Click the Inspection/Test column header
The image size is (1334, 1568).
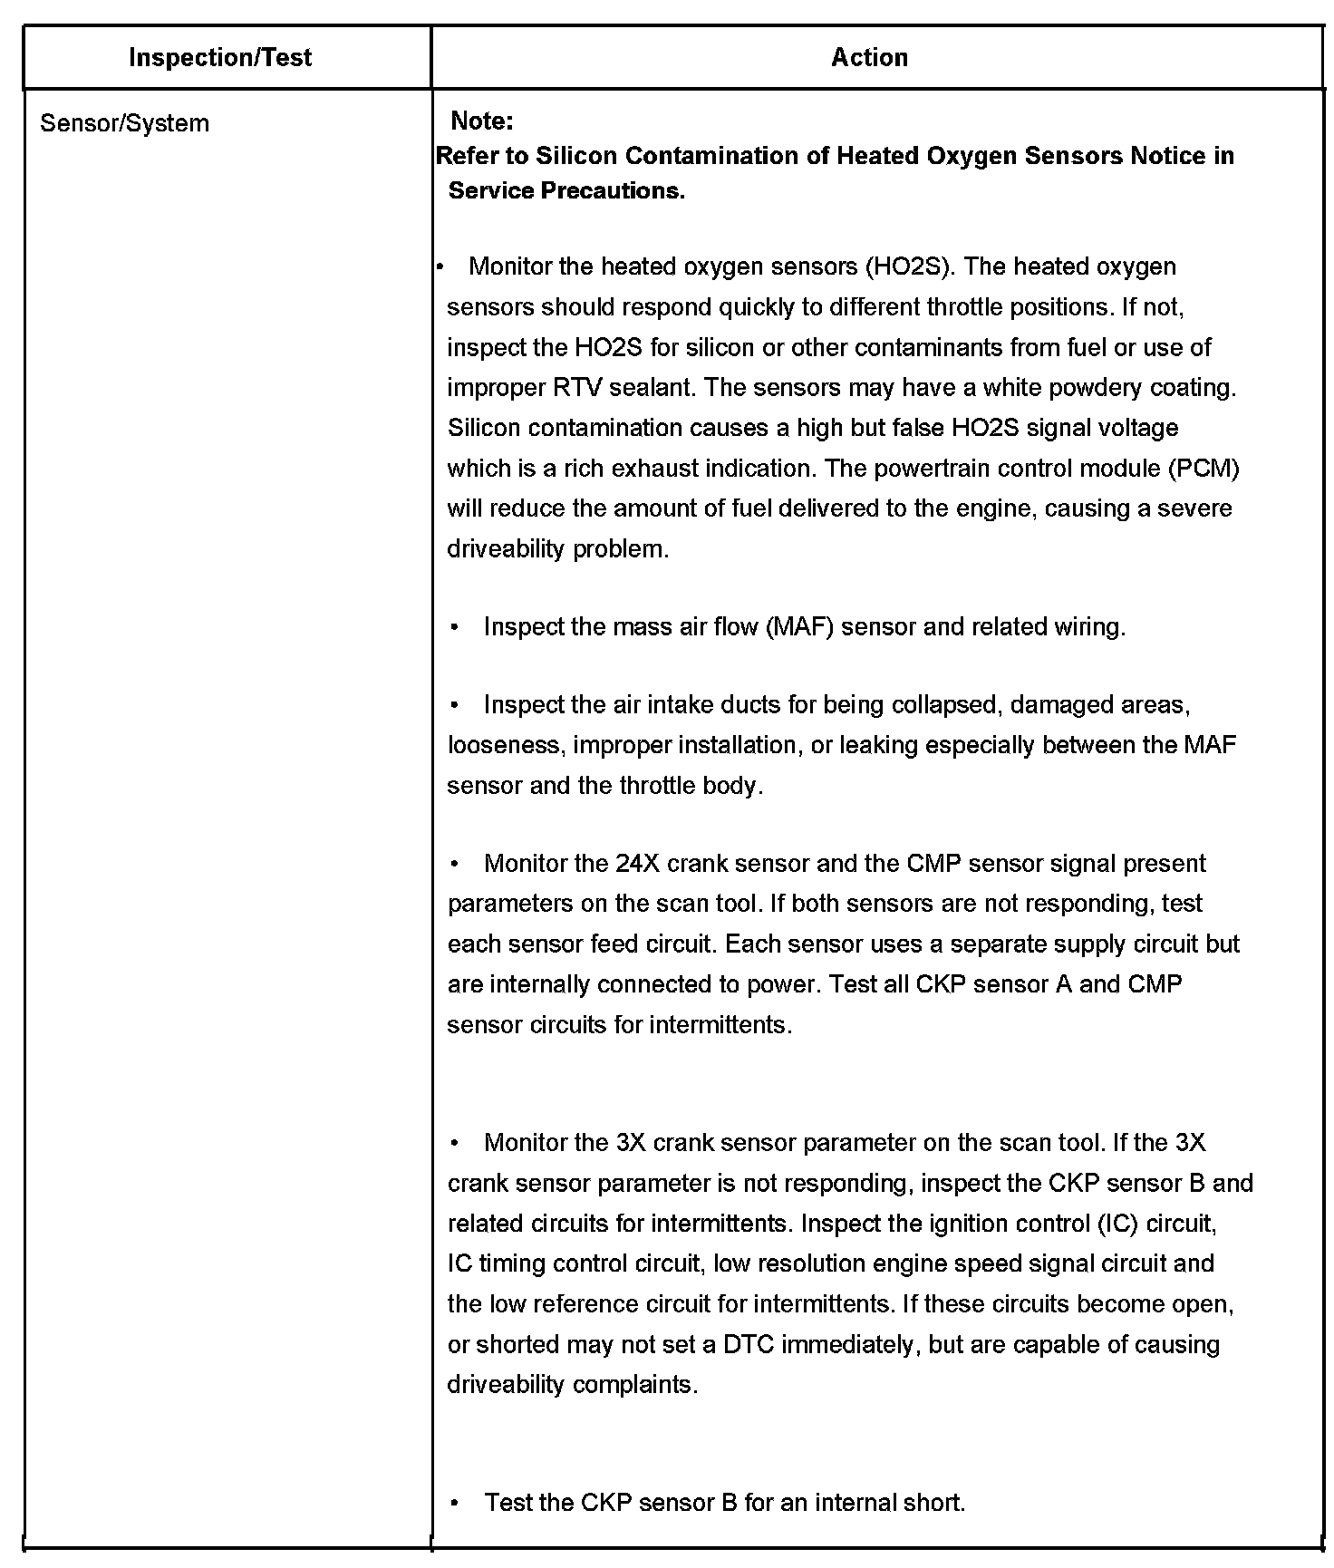(220, 57)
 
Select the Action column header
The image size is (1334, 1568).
(869, 57)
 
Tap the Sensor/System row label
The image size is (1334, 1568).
(124, 123)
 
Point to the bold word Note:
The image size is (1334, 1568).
(482, 121)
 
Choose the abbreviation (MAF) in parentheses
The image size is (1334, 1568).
(799, 627)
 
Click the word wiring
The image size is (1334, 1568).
(1090, 627)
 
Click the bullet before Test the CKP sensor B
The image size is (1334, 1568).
(454, 1503)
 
